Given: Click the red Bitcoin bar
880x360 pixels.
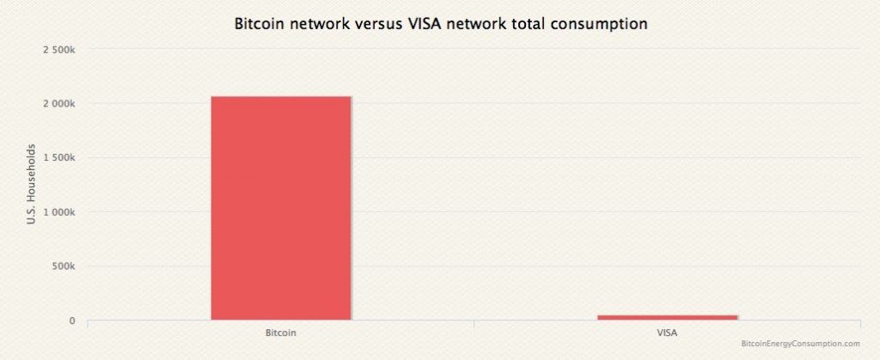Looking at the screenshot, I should pos(281,207).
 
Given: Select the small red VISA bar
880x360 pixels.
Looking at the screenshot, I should pos(668,317).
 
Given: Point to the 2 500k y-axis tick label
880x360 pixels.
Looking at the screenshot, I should pos(59,50).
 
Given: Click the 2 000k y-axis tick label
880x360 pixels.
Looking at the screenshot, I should pos(59,104).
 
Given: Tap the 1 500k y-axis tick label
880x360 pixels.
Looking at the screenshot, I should pos(59,158).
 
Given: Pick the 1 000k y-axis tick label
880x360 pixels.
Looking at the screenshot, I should pos(59,212).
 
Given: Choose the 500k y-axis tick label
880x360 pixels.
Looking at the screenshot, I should pos(64,266).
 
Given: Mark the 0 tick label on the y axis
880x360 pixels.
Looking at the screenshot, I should pos(72,320).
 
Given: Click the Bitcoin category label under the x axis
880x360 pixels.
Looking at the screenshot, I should pos(281,331).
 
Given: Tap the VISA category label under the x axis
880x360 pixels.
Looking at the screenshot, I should pos(668,331).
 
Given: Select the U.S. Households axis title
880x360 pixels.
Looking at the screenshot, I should pos(32,185).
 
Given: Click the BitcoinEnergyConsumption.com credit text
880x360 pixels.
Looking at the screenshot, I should pos(799,343).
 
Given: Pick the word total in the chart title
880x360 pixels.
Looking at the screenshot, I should pos(525,25).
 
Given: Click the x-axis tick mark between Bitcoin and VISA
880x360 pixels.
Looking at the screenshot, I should pos(474,323).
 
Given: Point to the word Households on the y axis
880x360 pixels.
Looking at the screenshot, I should pos(32,171).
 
